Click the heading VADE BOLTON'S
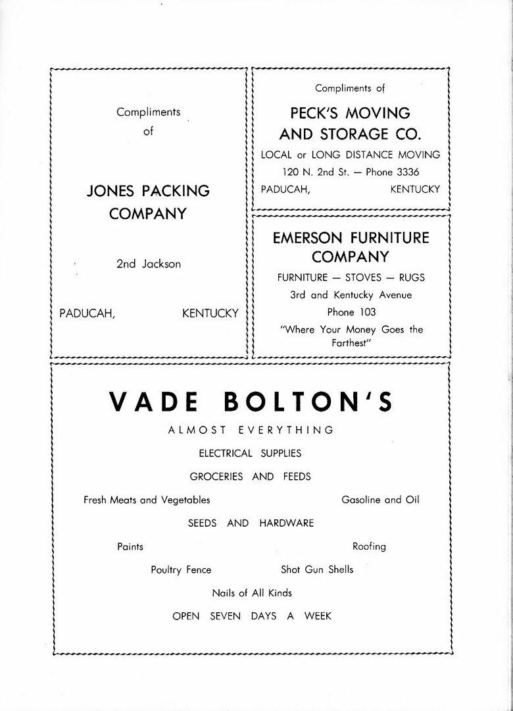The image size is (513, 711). (250, 402)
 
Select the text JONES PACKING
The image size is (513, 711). (148, 191)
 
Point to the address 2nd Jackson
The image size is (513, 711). (148, 264)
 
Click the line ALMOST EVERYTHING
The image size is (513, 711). (251, 430)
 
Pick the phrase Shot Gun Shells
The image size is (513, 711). (317, 569)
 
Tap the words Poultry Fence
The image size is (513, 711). (181, 570)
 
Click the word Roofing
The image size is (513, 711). (369, 546)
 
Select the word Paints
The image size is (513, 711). (130, 546)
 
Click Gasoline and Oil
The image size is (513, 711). (380, 500)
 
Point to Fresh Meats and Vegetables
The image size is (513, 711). (147, 500)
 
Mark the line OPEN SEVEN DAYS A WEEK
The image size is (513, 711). (252, 616)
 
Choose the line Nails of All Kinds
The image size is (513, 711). (252, 593)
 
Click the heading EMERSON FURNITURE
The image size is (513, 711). (351, 238)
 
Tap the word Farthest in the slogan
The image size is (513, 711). (351, 344)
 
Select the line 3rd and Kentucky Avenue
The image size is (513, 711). (351, 295)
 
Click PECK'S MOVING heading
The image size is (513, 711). (350, 113)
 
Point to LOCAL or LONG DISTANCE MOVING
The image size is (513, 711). (351, 155)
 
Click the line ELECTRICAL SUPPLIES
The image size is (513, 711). (250, 453)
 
